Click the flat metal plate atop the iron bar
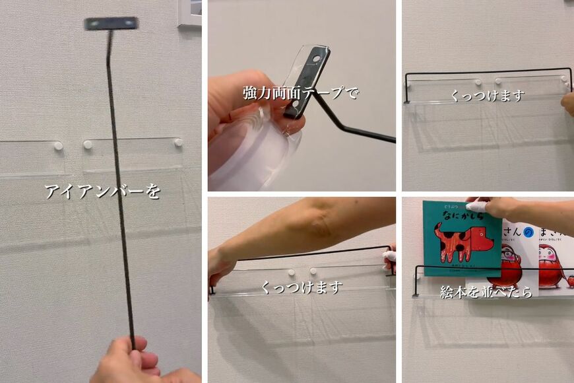(x=111, y=24)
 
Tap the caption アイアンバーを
(x=102, y=191)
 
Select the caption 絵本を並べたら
(x=486, y=291)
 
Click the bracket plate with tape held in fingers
(x=305, y=79)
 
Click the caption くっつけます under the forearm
(x=302, y=287)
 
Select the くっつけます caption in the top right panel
(x=487, y=96)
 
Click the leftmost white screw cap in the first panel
(x=58, y=145)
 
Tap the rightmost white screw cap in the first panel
(x=178, y=142)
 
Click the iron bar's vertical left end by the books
(x=416, y=281)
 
